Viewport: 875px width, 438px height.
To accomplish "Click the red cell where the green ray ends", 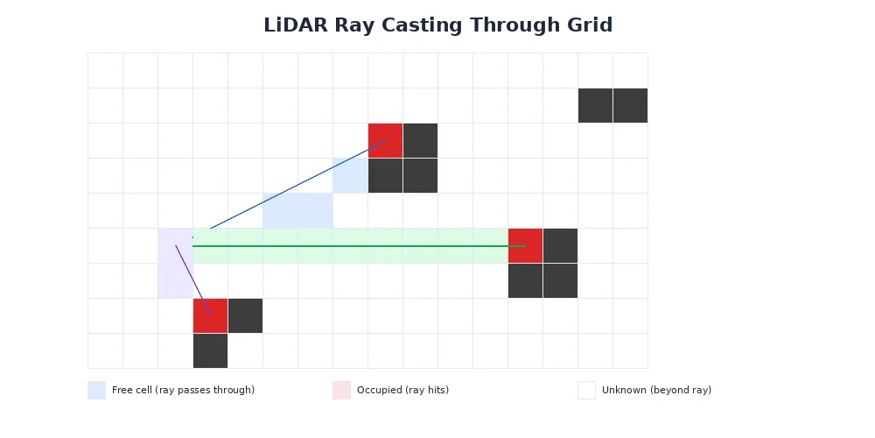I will (x=525, y=245).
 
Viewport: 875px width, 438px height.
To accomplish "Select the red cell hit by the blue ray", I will (x=385, y=140).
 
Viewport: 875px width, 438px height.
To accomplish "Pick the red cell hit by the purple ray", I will (x=210, y=315).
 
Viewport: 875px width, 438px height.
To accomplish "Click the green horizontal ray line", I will (x=350, y=246).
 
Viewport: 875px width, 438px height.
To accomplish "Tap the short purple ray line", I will (x=192, y=280).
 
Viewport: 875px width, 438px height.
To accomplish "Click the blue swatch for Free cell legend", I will (x=96, y=390).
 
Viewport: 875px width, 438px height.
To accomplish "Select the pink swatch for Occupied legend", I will (x=341, y=390).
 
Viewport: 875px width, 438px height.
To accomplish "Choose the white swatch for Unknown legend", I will (x=586, y=390).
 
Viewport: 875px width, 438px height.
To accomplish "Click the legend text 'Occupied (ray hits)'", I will (x=402, y=391).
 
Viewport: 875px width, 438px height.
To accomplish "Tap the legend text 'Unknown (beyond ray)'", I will (x=656, y=391).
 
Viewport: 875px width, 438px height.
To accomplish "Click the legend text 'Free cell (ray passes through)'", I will (x=183, y=391).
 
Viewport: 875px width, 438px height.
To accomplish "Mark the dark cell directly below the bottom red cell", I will (x=210, y=350).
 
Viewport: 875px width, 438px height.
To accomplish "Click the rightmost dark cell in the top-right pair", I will (x=630, y=105).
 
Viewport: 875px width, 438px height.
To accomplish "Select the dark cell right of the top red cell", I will (x=420, y=140).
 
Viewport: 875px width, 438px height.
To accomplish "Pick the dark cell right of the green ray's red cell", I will (x=560, y=245).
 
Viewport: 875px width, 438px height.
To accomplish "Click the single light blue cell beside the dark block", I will (x=350, y=175).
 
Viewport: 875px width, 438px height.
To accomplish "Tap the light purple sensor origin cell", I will (x=175, y=263).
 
